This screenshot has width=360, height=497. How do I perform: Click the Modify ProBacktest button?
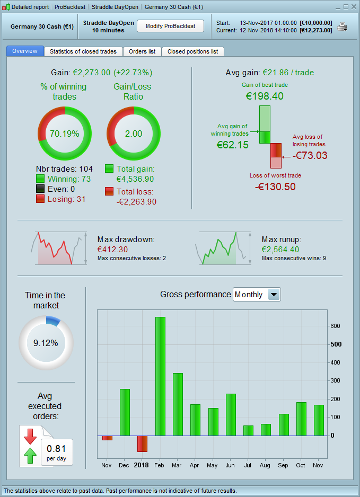point(170,26)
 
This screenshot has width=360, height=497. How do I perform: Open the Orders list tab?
point(142,51)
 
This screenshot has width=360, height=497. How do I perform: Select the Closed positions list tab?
point(192,51)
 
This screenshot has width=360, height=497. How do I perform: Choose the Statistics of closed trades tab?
point(84,51)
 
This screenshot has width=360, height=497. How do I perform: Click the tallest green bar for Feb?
point(160,376)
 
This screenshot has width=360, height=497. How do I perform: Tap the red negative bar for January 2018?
point(142,443)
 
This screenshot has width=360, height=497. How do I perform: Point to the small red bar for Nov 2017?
point(107,438)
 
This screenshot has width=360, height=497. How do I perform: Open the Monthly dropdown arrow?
point(274,295)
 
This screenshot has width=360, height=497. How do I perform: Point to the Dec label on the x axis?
point(125,465)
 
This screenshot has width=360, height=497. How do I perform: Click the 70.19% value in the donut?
point(65,134)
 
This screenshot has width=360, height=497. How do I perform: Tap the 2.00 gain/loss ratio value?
point(134,134)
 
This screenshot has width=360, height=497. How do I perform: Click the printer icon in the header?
point(343,26)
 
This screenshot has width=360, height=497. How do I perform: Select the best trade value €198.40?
point(265,96)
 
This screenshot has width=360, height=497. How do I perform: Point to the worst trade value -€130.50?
point(275,187)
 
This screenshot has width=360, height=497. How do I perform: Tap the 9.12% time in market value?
point(46,343)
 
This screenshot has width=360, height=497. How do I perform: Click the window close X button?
point(353,7)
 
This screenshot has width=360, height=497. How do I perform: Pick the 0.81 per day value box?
point(57,451)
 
